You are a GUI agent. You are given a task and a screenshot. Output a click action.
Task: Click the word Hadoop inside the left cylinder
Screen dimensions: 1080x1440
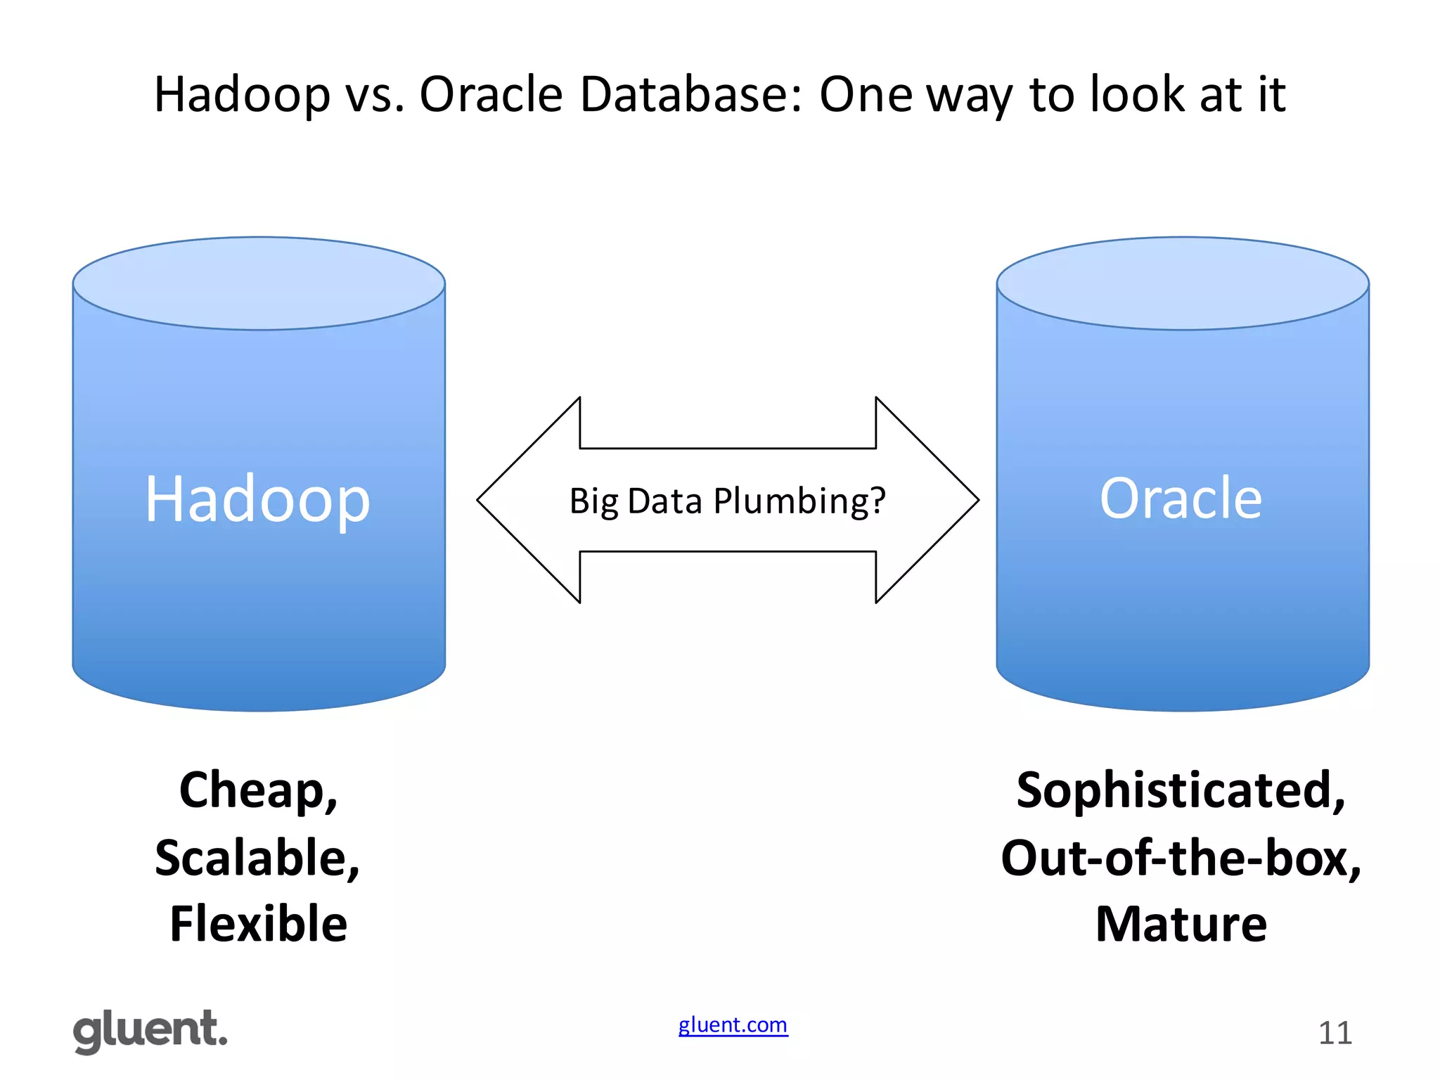257,499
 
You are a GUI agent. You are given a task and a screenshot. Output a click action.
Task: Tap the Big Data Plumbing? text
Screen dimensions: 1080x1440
727,501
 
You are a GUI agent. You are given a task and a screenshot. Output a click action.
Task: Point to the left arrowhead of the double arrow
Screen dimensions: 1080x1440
520,500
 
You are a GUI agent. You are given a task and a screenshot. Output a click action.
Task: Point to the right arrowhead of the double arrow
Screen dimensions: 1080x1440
935,500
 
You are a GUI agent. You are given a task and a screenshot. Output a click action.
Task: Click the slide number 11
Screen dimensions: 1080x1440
1335,1033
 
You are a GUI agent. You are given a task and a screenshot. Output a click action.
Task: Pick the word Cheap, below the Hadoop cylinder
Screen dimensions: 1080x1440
258,790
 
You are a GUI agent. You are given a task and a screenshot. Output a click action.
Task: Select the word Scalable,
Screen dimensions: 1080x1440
257,858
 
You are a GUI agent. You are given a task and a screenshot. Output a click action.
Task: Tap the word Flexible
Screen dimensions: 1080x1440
258,924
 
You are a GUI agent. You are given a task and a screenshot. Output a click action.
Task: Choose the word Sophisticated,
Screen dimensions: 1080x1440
1181,790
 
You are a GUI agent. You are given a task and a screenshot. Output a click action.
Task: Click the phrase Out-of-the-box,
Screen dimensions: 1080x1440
1181,858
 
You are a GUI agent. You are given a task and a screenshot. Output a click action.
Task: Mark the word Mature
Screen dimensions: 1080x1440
1181,924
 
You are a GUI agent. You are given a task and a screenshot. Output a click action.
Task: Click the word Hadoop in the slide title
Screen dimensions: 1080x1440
242,94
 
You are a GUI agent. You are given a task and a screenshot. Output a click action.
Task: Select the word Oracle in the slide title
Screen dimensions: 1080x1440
491,94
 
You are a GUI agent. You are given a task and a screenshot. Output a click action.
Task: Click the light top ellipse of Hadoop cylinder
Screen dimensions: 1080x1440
259,283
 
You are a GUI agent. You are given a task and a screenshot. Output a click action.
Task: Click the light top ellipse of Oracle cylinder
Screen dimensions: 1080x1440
1182,283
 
